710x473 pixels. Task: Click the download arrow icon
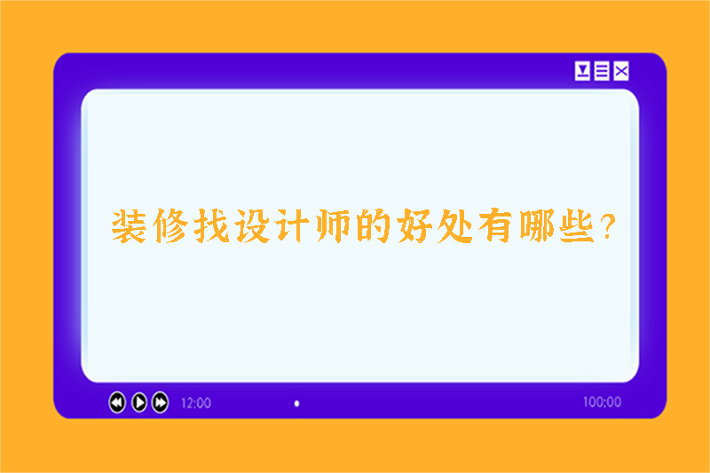click(x=582, y=72)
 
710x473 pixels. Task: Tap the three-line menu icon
click(x=602, y=72)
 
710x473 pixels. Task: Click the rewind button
click(x=117, y=403)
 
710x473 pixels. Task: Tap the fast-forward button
click(x=160, y=403)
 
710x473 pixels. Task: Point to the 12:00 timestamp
click(x=196, y=403)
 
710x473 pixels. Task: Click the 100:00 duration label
click(x=602, y=402)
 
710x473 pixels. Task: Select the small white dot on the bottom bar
click(x=296, y=403)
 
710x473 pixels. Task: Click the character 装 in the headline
click(x=129, y=228)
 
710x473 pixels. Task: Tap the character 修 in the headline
click(x=170, y=228)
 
